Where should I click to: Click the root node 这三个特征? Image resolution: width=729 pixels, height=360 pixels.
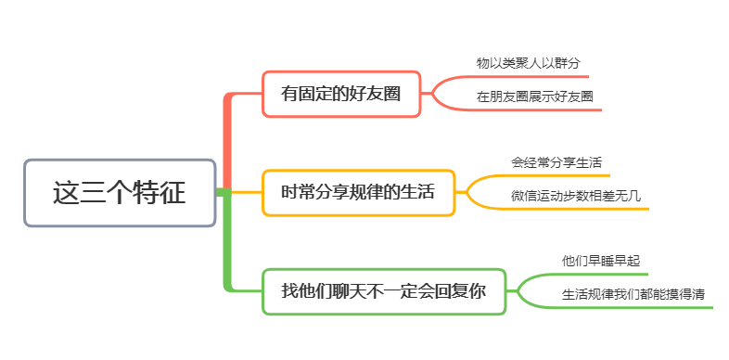[120, 193]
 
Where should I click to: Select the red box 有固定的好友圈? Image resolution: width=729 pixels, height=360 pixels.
[341, 94]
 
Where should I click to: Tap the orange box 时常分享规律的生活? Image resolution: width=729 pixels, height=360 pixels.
[358, 193]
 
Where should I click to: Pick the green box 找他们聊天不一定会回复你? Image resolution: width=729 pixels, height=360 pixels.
[384, 291]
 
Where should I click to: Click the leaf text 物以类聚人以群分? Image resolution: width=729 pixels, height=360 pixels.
[528, 63]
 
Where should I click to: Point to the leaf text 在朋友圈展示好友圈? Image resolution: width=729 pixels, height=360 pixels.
[534, 96]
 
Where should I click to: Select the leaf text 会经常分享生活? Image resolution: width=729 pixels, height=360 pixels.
[556, 162]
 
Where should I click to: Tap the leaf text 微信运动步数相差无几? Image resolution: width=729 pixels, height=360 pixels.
[576, 196]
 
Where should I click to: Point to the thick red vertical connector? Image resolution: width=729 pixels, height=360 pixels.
[227, 141]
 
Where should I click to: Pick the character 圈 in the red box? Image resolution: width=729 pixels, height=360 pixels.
[391, 94]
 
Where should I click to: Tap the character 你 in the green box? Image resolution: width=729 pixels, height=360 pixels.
[478, 291]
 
